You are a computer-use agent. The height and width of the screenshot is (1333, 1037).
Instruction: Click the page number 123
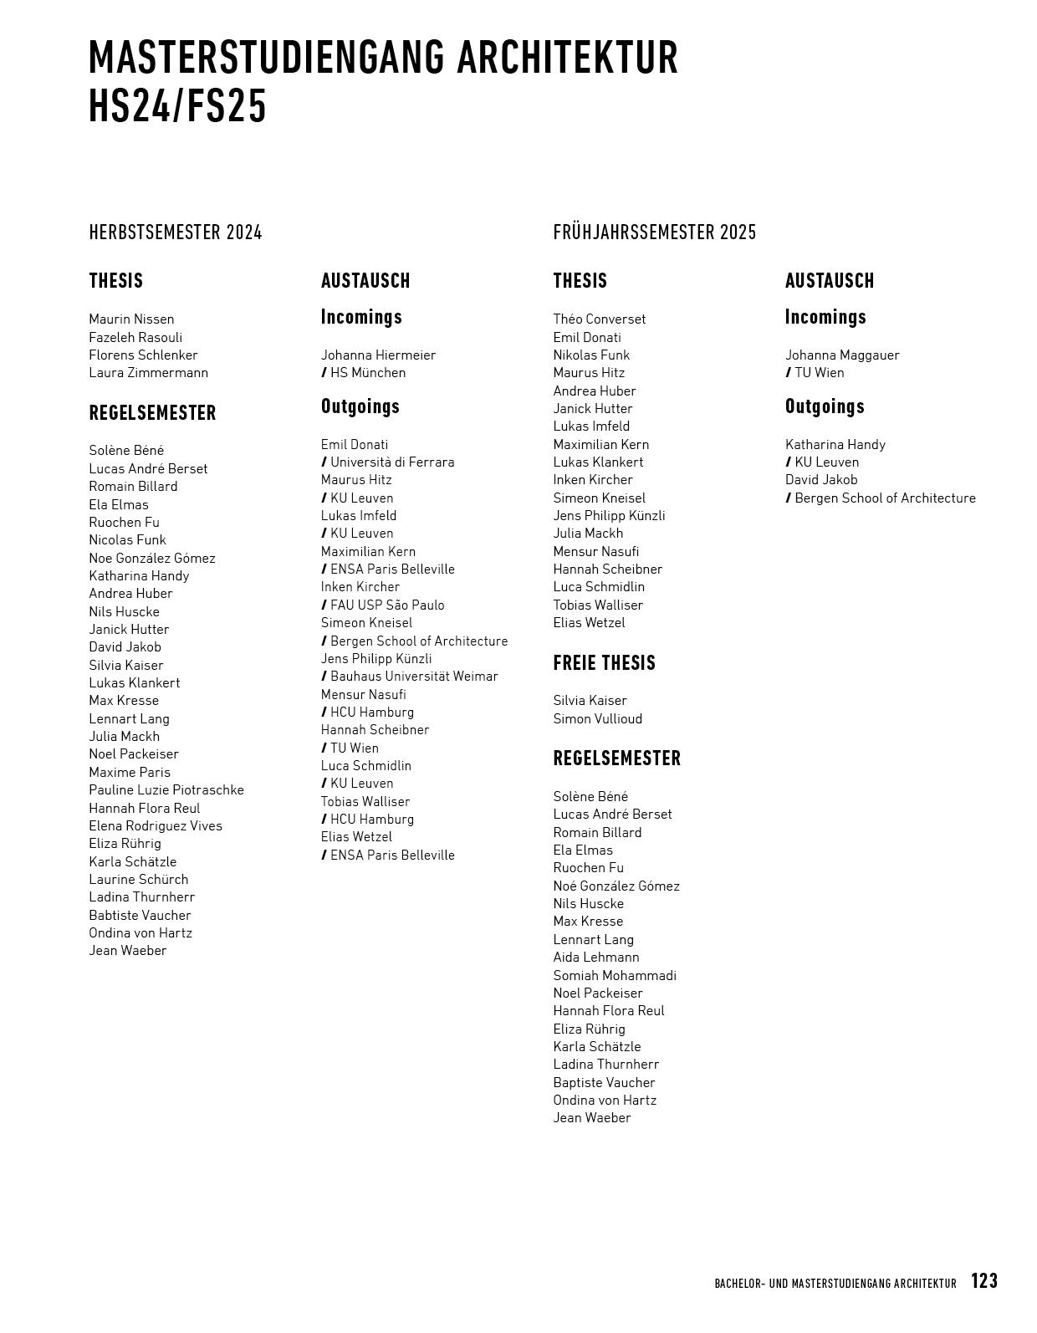(983, 1281)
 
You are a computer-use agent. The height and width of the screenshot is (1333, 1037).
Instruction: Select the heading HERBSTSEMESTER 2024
(176, 232)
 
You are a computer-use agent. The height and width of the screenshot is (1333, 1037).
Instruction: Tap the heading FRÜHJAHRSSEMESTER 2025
(654, 232)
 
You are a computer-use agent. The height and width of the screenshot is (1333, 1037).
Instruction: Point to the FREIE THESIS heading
(604, 663)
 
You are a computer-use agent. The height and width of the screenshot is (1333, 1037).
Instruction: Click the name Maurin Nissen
(131, 319)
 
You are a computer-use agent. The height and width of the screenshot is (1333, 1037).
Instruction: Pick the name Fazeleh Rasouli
(135, 337)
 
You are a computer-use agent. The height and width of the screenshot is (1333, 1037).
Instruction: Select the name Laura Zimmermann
(148, 373)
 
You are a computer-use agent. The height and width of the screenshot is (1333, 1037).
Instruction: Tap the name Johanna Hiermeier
(378, 355)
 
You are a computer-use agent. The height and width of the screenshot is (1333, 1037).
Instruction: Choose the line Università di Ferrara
(391, 462)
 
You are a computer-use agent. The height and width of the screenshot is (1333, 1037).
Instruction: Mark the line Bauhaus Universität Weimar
(413, 677)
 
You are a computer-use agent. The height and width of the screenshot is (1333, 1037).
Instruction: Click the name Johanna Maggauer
(842, 355)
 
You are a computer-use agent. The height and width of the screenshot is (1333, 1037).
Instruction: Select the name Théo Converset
(599, 319)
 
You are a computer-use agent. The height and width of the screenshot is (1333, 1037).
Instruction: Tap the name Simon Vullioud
(597, 718)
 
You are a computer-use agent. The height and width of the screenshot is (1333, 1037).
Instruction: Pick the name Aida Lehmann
(595, 958)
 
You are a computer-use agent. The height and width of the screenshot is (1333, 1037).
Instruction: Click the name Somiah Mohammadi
(614, 975)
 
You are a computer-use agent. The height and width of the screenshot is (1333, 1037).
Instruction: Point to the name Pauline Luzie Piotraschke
(166, 790)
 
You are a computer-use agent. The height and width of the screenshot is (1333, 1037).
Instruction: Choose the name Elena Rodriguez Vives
(156, 826)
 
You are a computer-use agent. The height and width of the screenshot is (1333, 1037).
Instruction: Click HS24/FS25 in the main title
(177, 107)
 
